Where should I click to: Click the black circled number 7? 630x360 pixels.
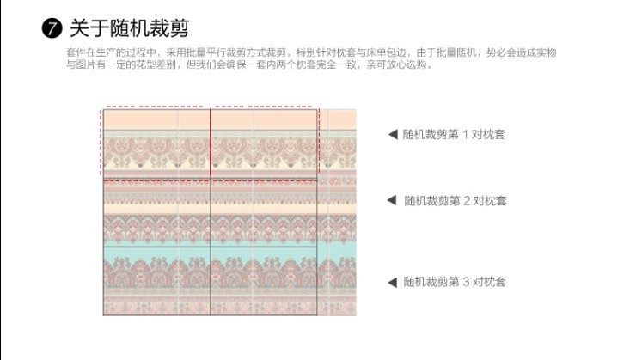click(x=52, y=29)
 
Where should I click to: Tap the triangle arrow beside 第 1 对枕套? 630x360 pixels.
click(x=392, y=134)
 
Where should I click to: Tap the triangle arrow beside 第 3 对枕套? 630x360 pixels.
click(x=392, y=282)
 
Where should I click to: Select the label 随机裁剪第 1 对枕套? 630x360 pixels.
click(x=455, y=134)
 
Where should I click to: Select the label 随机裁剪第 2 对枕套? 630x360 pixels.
click(x=456, y=201)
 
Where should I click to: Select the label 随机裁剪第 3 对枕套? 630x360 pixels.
click(x=455, y=282)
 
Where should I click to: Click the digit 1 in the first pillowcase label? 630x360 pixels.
click(x=468, y=134)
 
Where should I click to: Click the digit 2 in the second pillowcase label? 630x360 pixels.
click(x=468, y=201)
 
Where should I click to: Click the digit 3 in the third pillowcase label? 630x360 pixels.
click(x=468, y=282)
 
